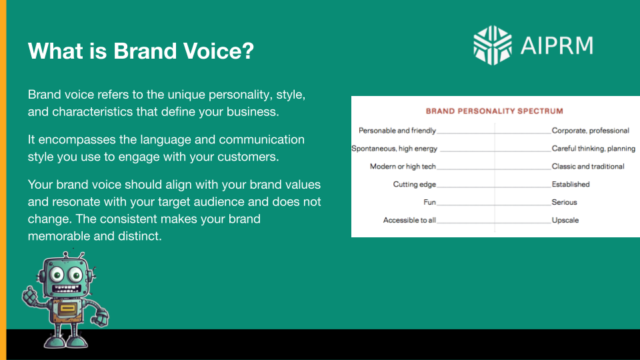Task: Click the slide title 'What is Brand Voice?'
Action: click(x=141, y=51)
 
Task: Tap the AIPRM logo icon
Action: click(x=492, y=45)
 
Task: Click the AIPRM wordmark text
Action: click(x=556, y=45)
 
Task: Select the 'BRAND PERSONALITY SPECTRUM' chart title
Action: click(x=494, y=111)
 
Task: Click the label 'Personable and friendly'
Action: click(x=397, y=131)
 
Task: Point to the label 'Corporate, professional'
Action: click(x=590, y=131)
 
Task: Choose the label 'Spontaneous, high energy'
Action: click(x=395, y=149)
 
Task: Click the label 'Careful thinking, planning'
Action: click(x=593, y=149)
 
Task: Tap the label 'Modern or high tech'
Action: click(x=403, y=167)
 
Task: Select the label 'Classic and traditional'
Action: click(x=588, y=167)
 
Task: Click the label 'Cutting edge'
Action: click(x=414, y=185)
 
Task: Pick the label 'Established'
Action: click(x=571, y=185)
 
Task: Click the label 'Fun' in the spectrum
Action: click(x=429, y=202)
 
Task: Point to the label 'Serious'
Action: click(x=564, y=202)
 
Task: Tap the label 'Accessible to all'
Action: click(x=409, y=220)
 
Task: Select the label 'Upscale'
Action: click(x=565, y=220)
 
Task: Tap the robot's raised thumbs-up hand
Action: click(x=31, y=293)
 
